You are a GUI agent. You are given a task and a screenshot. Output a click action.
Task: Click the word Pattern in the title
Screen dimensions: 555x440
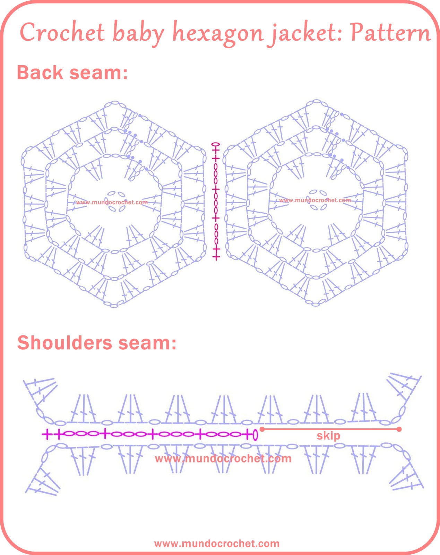click(390, 33)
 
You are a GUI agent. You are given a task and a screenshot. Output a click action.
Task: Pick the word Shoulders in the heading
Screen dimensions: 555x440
click(65, 343)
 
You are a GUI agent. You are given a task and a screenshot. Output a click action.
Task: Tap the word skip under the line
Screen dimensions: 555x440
click(328, 436)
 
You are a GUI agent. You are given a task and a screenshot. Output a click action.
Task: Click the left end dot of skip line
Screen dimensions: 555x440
click(262, 429)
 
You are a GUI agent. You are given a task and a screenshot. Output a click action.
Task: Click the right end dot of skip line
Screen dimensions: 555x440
click(399, 429)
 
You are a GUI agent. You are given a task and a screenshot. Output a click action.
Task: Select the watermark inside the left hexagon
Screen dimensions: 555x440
click(112, 202)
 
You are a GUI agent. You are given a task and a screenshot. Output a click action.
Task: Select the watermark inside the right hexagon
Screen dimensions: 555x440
click(315, 200)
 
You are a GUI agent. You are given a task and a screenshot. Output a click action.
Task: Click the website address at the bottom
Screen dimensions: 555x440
click(217, 543)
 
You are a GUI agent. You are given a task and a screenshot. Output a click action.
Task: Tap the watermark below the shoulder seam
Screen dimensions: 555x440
click(223, 459)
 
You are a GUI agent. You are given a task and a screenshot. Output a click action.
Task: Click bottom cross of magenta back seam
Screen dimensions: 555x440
click(216, 257)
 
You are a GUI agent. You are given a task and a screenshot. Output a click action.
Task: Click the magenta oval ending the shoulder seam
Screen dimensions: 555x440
click(256, 434)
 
